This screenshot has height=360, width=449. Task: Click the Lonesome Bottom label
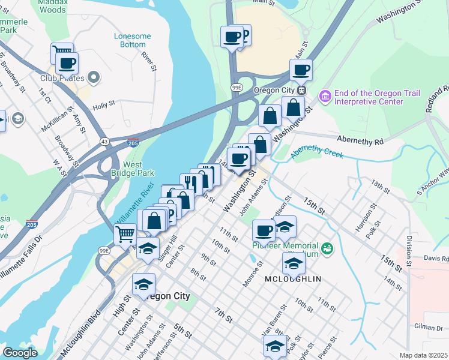[x=132, y=40]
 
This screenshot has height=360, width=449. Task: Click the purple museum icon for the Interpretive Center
[x=325, y=96]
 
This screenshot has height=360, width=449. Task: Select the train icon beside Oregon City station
[x=301, y=90]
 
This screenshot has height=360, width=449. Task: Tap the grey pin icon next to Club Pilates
[x=93, y=77]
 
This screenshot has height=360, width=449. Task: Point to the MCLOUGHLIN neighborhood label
[x=292, y=279]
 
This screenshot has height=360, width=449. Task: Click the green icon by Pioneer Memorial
[x=327, y=247]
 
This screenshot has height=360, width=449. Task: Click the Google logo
[x=20, y=353]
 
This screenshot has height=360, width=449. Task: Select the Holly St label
[x=103, y=106]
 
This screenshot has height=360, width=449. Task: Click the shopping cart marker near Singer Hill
[x=125, y=233]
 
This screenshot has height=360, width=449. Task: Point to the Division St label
[x=408, y=251]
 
